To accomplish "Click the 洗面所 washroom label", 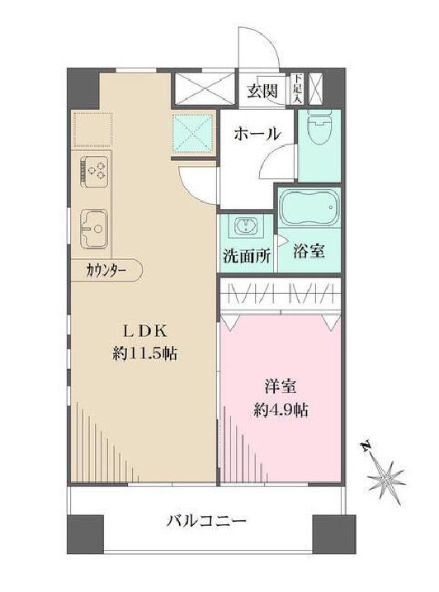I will [x=246, y=256].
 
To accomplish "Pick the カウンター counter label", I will [x=105, y=269].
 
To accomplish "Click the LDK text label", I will [x=146, y=330].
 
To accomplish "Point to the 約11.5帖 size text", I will [x=146, y=353].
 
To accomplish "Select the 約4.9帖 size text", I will [x=281, y=410].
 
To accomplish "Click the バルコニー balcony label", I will [x=206, y=522].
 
